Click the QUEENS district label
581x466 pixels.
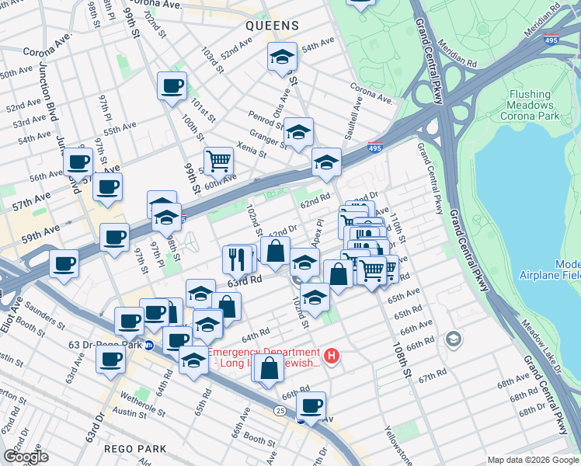point(272,26)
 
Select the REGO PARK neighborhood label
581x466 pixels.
point(139,449)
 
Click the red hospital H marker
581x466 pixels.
point(332,356)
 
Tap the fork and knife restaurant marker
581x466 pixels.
point(238,258)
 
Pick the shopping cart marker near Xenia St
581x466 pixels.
point(219,161)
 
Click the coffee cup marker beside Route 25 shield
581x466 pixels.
point(311,405)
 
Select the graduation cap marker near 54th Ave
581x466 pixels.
point(282,56)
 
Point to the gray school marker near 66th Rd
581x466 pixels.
point(453,339)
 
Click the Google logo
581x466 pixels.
point(26,456)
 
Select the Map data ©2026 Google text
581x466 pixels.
point(532,460)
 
